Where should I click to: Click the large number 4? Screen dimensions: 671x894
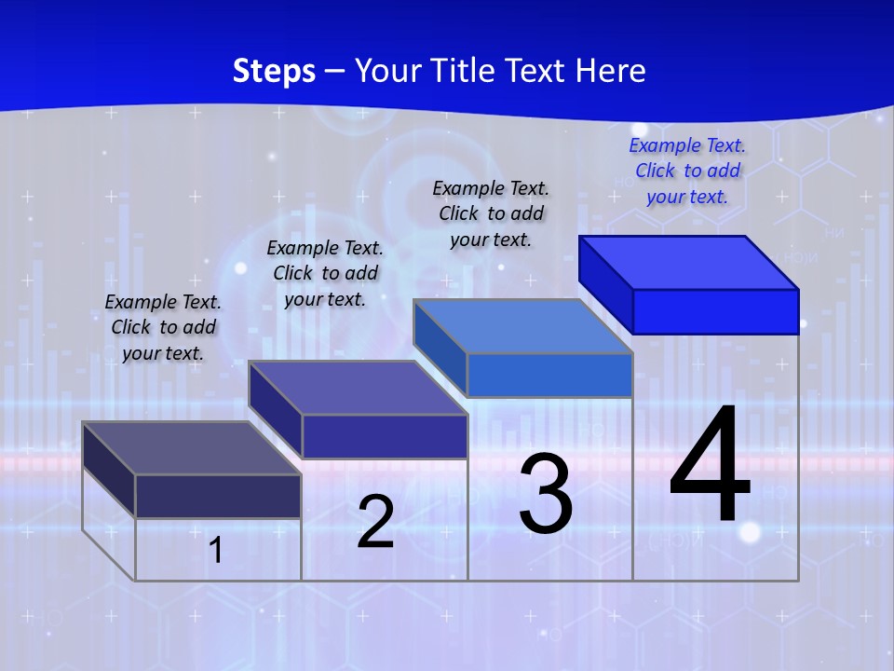click(x=710, y=465)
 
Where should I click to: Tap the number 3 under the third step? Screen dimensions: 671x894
click(x=546, y=494)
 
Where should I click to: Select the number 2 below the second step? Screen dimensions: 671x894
click(x=376, y=522)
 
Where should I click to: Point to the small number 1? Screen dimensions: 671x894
click(x=215, y=550)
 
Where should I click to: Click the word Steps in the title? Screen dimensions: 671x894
click(x=274, y=71)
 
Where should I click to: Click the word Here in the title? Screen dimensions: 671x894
click(x=611, y=71)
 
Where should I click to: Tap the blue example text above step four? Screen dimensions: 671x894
click(x=687, y=171)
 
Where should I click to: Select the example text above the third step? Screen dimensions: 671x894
click(x=491, y=213)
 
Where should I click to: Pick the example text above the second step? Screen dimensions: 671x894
click(x=325, y=273)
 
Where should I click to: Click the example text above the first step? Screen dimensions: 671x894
click(x=163, y=327)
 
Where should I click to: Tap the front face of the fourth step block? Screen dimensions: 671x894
click(x=715, y=311)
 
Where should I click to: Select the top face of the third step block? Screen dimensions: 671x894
click(x=523, y=326)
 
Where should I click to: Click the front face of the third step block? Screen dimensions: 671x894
click(x=549, y=376)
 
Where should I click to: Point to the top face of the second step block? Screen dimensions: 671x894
click(x=358, y=388)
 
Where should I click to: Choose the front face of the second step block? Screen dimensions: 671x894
click(x=385, y=436)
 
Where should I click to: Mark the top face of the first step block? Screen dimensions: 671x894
click(x=192, y=448)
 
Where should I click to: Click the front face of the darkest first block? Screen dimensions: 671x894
click(x=218, y=496)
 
